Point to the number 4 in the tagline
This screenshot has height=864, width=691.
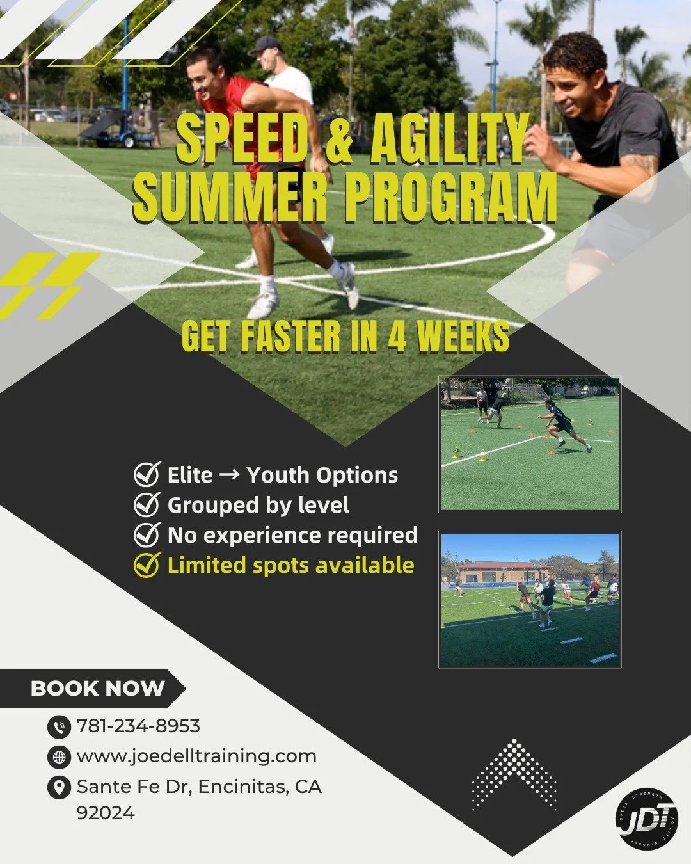coord(397,337)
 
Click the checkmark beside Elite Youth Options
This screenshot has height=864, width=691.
coord(147,474)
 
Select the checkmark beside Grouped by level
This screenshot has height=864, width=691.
coord(147,504)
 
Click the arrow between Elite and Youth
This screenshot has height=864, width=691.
coord(230,474)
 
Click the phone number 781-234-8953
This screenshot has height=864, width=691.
coord(138,726)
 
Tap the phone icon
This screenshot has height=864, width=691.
coord(59,727)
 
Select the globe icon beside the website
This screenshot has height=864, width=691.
coord(59,757)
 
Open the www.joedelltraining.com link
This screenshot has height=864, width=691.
coord(196,756)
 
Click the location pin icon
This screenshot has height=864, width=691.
coord(59,787)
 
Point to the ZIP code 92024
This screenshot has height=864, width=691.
coord(106,813)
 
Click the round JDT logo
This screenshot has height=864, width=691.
coord(646,819)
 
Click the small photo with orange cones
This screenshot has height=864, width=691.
coord(530,444)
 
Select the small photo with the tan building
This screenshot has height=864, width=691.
coord(530,600)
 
